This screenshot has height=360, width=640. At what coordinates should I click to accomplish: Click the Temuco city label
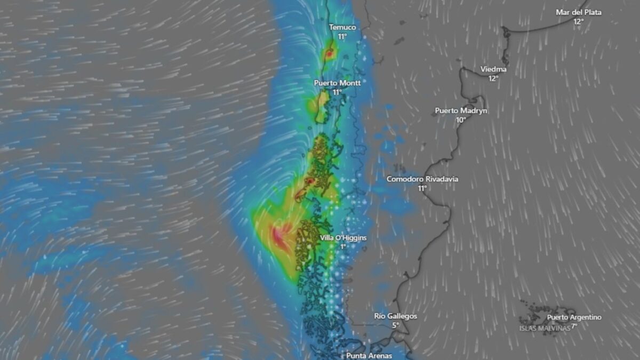click(x=342, y=27)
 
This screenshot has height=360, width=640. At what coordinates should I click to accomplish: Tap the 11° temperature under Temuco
click(x=342, y=36)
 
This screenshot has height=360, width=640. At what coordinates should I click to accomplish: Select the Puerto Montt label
click(x=337, y=83)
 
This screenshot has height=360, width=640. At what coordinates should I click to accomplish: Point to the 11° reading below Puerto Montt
click(x=337, y=92)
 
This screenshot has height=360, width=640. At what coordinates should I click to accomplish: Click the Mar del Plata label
click(x=578, y=12)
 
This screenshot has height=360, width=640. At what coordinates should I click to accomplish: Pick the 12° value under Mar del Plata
click(x=578, y=21)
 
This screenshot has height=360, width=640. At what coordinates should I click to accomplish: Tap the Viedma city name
click(x=493, y=69)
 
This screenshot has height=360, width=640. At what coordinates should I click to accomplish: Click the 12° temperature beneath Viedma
click(x=493, y=78)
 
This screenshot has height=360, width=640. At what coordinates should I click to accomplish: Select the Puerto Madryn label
click(x=461, y=111)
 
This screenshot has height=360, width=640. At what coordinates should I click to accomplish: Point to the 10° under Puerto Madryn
click(x=461, y=120)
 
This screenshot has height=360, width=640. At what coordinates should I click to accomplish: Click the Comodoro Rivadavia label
click(x=422, y=179)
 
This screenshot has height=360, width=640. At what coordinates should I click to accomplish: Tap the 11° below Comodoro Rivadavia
click(x=422, y=188)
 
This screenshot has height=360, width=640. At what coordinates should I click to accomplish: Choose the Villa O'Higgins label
click(x=343, y=238)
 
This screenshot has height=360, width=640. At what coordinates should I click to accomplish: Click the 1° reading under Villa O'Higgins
click(x=343, y=246)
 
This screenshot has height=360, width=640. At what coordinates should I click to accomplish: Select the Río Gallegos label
click(x=395, y=316)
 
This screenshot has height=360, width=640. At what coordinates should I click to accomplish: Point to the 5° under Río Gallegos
click(x=395, y=325)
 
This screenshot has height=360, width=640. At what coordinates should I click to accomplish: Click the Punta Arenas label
click(x=369, y=355)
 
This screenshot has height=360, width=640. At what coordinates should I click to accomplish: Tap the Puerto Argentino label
click(x=574, y=317)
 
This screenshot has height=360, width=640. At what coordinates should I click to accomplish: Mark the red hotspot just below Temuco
click(x=330, y=53)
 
